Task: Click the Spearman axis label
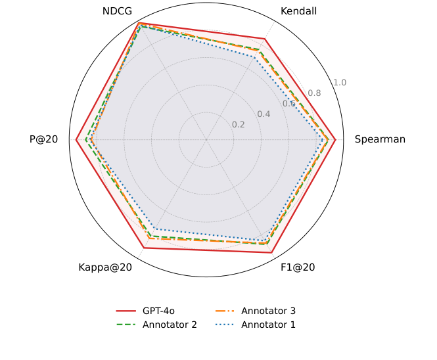point(380,139)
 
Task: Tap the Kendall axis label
point(298,11)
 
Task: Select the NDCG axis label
point(116,11)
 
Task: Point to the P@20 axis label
point(44,139)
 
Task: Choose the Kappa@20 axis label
point(105,267)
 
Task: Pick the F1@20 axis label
point(298,267)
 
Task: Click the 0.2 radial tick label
point(238,125)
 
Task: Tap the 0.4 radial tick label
point(264,114)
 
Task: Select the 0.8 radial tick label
point(314,93)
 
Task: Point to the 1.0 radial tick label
point(340,83)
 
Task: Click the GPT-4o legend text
point(158,311)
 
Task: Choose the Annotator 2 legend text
point(170,325)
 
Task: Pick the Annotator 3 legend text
point(268,311)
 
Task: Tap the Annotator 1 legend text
point(268,325)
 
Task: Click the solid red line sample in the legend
point(126,311)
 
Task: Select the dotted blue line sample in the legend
point(225,325)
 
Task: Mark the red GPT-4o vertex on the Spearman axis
point(336,139)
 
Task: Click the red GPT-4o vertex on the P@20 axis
point(76,139)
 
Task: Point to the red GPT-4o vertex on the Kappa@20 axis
point(144,248)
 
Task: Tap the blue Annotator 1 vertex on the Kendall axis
point(254,57)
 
